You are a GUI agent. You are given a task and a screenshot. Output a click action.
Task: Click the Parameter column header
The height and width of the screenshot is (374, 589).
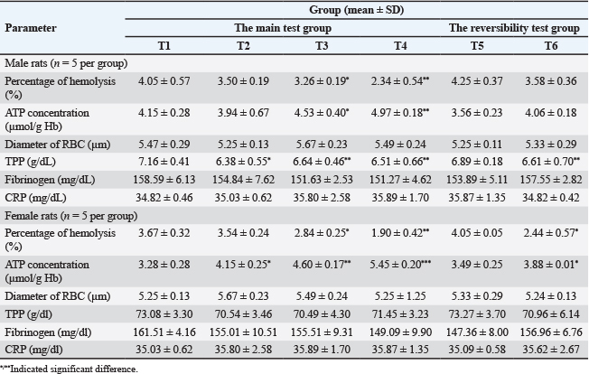[x=31, y=28]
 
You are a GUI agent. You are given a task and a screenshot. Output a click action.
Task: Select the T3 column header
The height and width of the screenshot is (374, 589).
[x=322, y=46]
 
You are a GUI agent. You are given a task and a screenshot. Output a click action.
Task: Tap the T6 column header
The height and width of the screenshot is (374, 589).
[x=551, y=46]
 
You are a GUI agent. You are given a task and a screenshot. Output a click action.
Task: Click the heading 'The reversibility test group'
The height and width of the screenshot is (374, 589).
[x=514, y=28]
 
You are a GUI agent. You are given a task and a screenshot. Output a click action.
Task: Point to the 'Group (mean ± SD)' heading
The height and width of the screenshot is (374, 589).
[x=357, y=10]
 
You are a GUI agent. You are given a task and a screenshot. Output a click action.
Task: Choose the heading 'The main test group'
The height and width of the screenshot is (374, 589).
[x=283, y=28]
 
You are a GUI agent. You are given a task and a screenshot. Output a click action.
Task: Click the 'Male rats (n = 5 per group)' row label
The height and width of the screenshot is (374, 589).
[x=66, y=63]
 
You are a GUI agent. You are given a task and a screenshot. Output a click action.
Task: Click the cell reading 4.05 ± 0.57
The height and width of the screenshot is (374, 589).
[x=164, y=81]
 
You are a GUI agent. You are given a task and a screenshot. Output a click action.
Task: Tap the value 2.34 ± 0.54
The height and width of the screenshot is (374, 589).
[x=400, y=81]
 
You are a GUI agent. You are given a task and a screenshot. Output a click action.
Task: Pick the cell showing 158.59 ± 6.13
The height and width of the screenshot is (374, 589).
[x=164, y=180]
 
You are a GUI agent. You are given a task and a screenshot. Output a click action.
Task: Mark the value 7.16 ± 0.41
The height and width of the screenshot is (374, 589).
[x=164, y=162]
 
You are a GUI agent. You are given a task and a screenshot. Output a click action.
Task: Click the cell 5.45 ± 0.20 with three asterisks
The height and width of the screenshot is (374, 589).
[x=400, y=265]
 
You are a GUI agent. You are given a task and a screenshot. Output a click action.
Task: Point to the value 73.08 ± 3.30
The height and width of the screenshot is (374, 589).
[x=164, y=313]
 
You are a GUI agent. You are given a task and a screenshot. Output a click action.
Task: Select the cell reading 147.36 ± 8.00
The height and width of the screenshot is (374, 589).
[x=477, y=332]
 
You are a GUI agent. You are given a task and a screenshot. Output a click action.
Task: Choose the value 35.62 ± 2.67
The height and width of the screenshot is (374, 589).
[x=551, y=350]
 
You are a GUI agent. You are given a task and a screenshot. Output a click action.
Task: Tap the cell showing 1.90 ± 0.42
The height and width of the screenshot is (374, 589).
[x=400, y=233]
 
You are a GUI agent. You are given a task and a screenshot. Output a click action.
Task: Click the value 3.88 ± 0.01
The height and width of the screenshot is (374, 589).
[x=551, y=265]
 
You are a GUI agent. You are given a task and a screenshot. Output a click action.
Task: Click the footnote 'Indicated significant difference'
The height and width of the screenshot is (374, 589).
[x=74, y=369]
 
